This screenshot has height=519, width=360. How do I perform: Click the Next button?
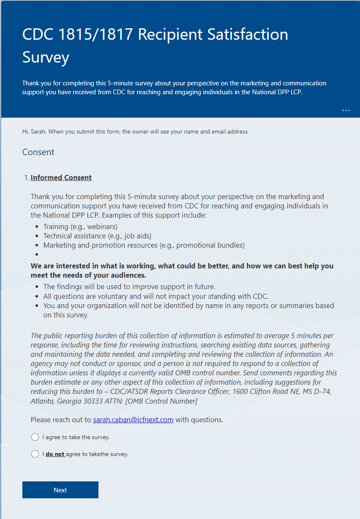point(60,490)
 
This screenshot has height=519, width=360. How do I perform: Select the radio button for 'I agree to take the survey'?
point(35,437)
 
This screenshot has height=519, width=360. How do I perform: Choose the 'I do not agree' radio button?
point(35,454)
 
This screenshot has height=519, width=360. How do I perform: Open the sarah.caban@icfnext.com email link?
point(133,420)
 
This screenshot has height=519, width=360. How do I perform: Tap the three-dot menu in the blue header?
point(346,110)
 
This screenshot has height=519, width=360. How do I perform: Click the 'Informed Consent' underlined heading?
point(61,178)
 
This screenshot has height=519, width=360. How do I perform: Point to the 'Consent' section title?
point(38,152)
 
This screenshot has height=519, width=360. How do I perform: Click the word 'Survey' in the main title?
point(46,57)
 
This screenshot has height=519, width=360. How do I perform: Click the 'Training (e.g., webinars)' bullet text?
point(80,227)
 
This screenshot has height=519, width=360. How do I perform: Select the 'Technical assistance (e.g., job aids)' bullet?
point(97,236)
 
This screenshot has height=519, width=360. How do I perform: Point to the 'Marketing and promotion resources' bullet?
point(144,245)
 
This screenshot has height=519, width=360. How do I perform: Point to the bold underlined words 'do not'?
point(55,454)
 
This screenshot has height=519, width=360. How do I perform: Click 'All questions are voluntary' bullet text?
point(155,296)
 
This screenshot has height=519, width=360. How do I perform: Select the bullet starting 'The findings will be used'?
point(129,287)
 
